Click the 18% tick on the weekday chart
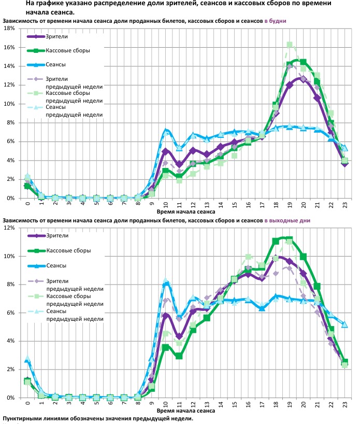pyautogui.click(x=10, y=29)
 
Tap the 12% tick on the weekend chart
pyautogui.click(x=10, y=228)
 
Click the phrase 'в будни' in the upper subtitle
pyautogui.click(x=275, y=21)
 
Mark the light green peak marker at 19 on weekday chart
pyautogui.click(x=290, y=45)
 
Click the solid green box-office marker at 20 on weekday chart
pyautogui.click(x=303, y=62)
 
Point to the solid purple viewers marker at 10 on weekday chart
pyautogui.click(x=165, y=151)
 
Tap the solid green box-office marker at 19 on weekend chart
pyautogui.click(x=289, y=239)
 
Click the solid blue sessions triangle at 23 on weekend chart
pyautogui.click(x=344, y=324)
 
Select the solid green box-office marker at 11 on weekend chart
pyautogui.click(x=179, y=356)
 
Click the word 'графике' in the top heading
pyautogui.click(x=47, y=3)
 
